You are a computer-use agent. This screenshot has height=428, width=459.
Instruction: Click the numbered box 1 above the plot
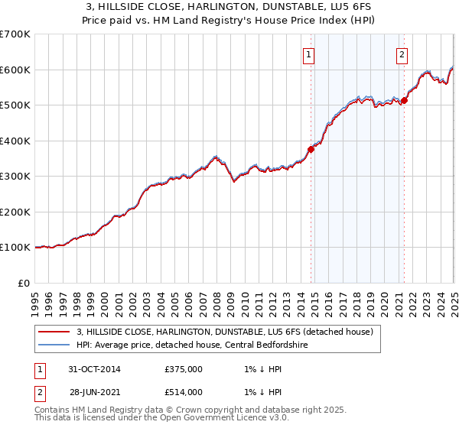308,54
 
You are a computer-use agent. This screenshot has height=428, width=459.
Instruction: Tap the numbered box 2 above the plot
402,54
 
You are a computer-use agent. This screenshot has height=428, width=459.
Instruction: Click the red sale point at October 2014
311,150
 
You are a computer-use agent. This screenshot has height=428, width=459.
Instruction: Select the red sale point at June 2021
404,101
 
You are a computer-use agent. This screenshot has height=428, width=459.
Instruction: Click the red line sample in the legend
54,332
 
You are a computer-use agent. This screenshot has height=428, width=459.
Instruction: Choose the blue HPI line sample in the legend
54,345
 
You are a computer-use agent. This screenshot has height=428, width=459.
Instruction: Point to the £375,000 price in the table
184,369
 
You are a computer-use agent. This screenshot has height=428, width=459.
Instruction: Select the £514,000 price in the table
184,392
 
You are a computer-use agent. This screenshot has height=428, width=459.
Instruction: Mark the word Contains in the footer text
53,411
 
